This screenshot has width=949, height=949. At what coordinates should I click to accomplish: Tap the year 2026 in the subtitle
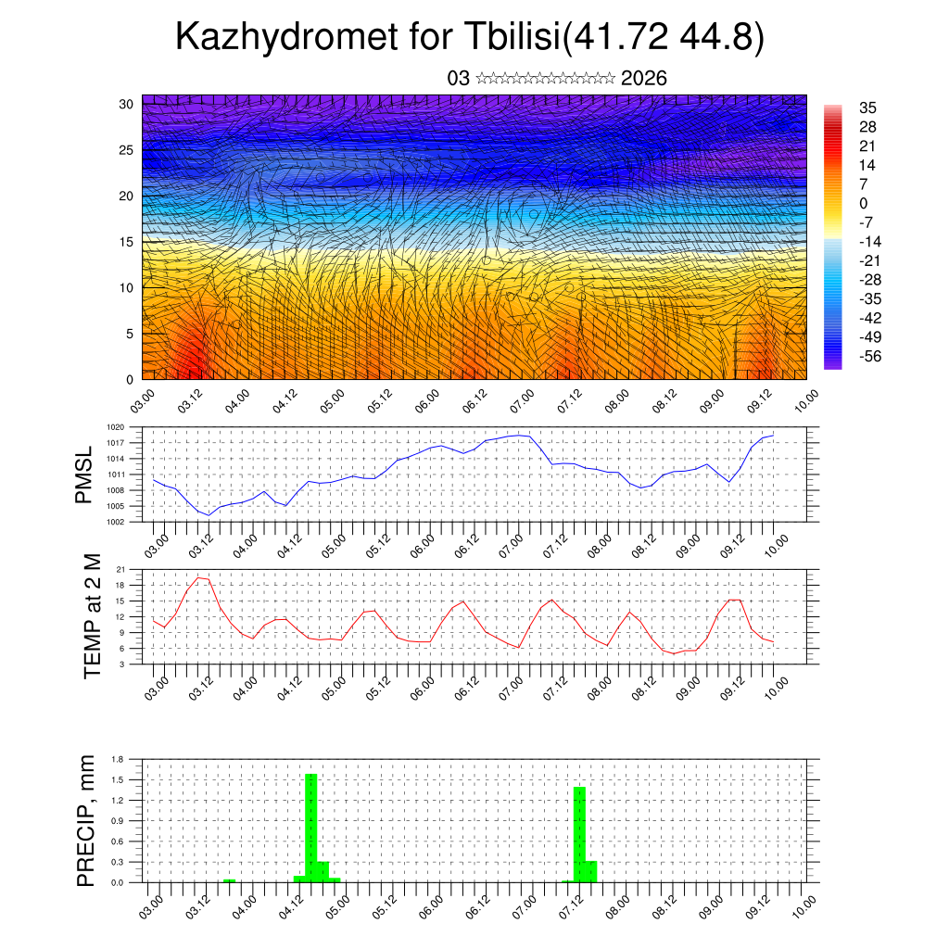tap(644, 79)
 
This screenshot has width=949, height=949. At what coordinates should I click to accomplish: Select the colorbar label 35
tap(868, 108)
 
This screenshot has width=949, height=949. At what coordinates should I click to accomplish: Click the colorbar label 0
tap(864, 203)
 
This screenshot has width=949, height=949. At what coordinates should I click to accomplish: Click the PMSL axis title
tap(84, 474)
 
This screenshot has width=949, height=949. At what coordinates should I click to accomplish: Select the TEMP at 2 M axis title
tap(93, 615)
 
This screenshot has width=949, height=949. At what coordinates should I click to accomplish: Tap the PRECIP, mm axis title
tap(86, 820)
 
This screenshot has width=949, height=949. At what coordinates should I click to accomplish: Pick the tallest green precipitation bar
tap(311, 828)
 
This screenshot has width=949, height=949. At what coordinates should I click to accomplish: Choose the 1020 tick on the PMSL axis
tap(116, 427)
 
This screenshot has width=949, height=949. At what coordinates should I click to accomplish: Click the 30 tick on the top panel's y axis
tap(125, 103)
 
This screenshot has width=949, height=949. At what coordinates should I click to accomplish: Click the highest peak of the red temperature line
tap(198, 577)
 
